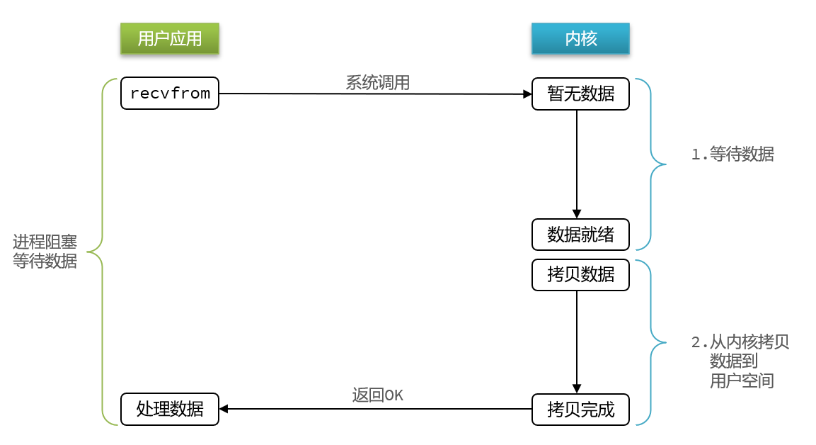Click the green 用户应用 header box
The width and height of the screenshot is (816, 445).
[170, 38]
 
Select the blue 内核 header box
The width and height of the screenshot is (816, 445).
[580, 38]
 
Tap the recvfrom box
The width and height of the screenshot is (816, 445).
[170, 94]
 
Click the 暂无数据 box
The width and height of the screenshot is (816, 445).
[580, 94]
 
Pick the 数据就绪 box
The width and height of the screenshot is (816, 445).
[580, 235]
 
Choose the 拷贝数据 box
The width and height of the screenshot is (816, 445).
[580, 275]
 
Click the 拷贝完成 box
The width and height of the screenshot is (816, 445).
[580, 409]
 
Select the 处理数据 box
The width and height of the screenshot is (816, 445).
[170, 409]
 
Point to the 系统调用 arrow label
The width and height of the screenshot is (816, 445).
[377, 82]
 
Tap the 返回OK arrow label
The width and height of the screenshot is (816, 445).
[377, 395]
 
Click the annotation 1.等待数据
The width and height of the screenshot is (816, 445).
[732, 154]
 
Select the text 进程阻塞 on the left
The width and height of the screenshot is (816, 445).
[45, 242]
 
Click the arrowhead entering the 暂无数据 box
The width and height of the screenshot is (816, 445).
[528, 94]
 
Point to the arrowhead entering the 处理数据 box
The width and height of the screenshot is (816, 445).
[224, 409]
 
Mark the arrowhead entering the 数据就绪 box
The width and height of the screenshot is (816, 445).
[577, 214]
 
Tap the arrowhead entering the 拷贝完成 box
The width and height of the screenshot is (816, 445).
[577, 389]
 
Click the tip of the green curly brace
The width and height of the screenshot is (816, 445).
[88, 252]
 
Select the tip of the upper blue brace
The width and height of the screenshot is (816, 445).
[665, 164]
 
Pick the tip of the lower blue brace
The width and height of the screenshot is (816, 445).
[665, 343]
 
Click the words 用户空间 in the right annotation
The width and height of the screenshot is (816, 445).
[742, 381]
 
